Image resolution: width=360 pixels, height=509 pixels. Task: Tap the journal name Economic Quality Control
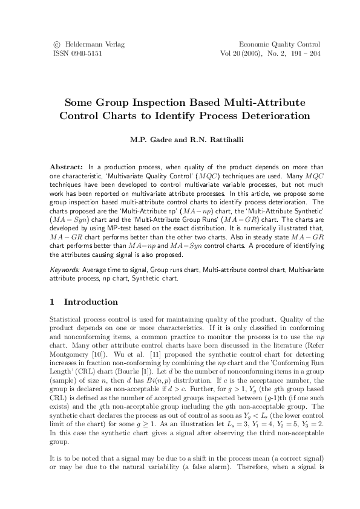point(280,45)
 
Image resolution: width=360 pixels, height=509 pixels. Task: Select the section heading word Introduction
point(91,302)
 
